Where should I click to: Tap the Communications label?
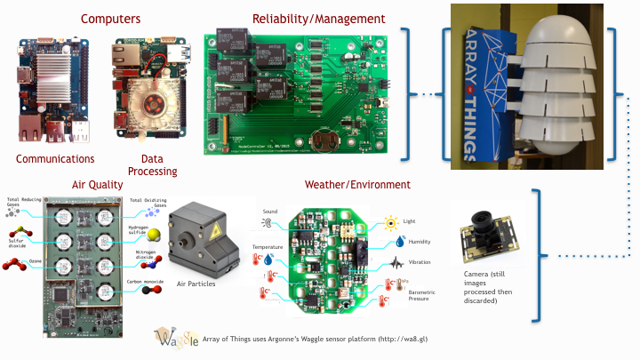(56, 159)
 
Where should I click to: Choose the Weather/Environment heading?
(357, 185)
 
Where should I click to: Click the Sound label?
(270, 212)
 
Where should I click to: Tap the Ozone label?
(36, 264)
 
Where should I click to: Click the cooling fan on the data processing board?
(148, 98)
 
